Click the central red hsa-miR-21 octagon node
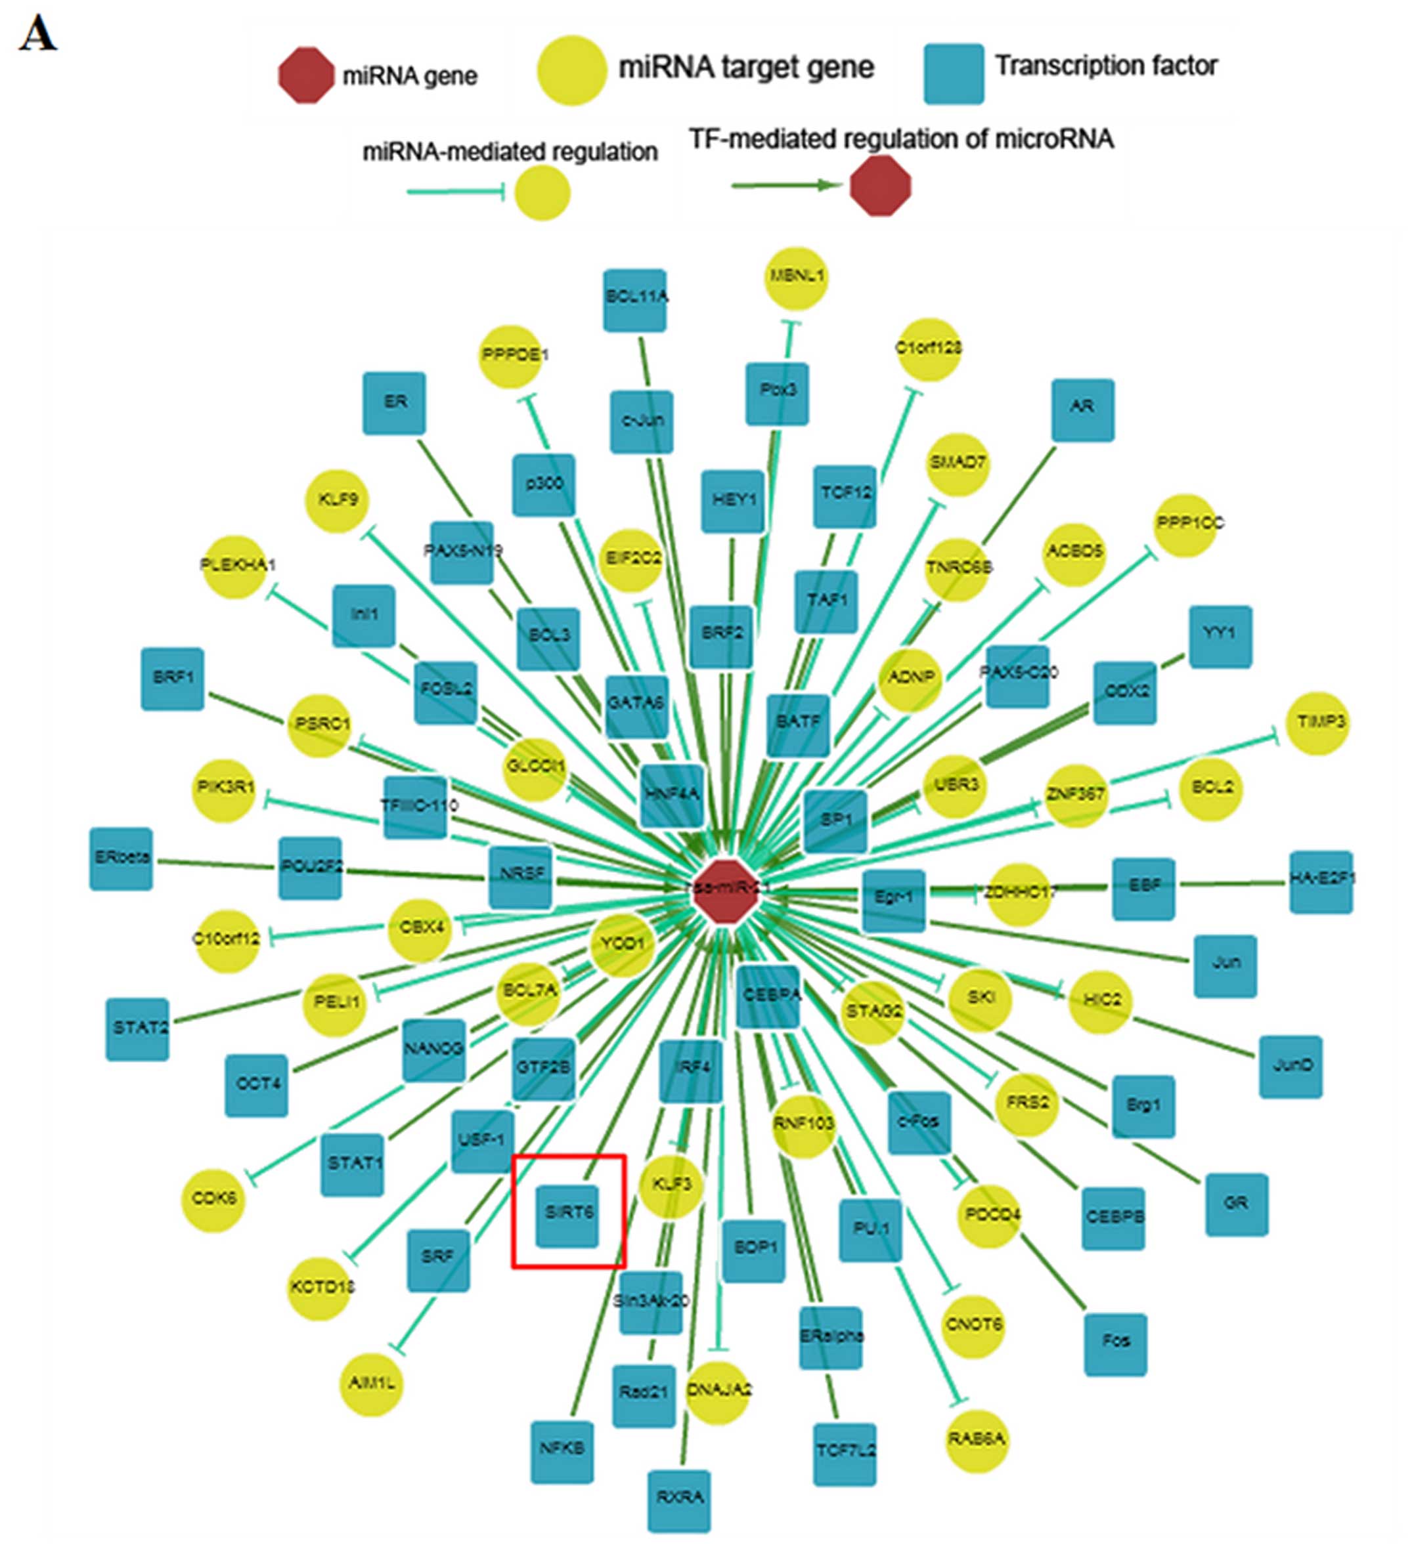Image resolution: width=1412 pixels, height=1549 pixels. click(726, 892)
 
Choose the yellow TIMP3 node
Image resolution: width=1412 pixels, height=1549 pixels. click(1317, 722)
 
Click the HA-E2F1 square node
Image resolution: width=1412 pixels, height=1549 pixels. click(1321, 881)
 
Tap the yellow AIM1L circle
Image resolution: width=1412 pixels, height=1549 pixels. click(370, 1384)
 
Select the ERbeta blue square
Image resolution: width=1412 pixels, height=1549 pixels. click(121, 859)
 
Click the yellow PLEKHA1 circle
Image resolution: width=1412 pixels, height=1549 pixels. click(234, 566)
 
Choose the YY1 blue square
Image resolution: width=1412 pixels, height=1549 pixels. click(1220, 636)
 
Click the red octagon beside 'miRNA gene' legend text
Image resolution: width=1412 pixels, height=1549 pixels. click(306, 75)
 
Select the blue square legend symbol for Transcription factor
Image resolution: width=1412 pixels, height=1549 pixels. click(953, 74)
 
